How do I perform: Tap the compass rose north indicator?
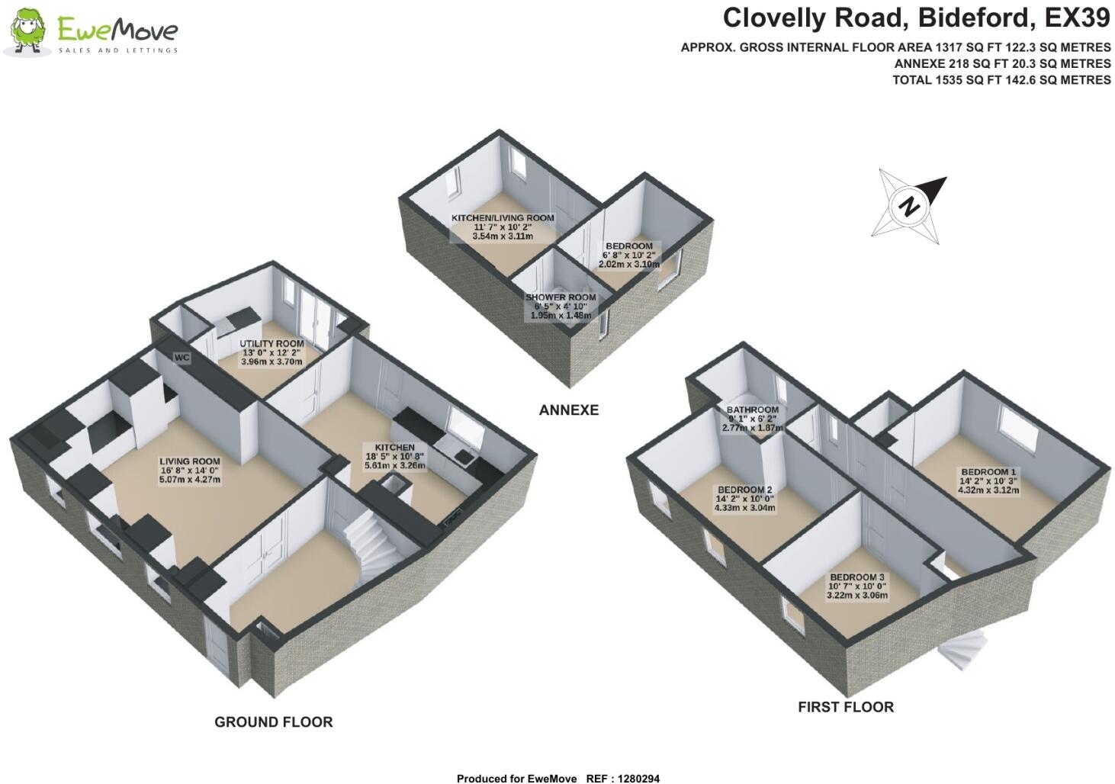(909, 206)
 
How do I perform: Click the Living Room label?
(190, 470)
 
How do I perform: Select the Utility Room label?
(272, 352)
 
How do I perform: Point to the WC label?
(182, 357)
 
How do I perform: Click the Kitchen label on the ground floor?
(394, 456)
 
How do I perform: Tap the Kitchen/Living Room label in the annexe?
(503, 227)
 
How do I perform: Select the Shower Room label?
(561, 306)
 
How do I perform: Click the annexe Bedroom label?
(628, 255)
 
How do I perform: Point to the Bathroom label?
(752, 419)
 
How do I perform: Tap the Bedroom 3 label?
(857, 586)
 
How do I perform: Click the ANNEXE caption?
(568, 410)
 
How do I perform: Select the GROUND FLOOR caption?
(273, 721)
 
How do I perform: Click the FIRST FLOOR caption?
(845, 707)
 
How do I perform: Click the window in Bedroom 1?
(1016, 426)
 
